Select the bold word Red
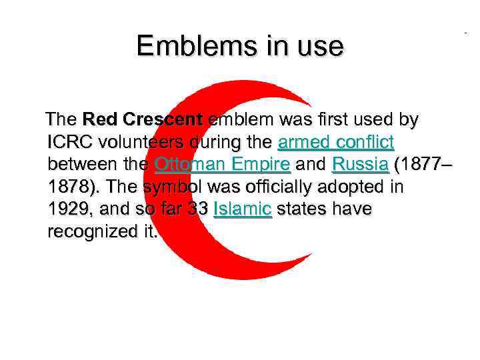pyautogui.click(x=100, y=120)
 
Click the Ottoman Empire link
pyautogui.click(x=222, y=164)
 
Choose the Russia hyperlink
pyautogui.click(x=359, y=164)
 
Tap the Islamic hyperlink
pyautogui.click(x=242, y=209)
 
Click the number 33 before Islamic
pyautogui.click(x=197, y=209)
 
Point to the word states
pyautogui.click(x=299, y=209)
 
